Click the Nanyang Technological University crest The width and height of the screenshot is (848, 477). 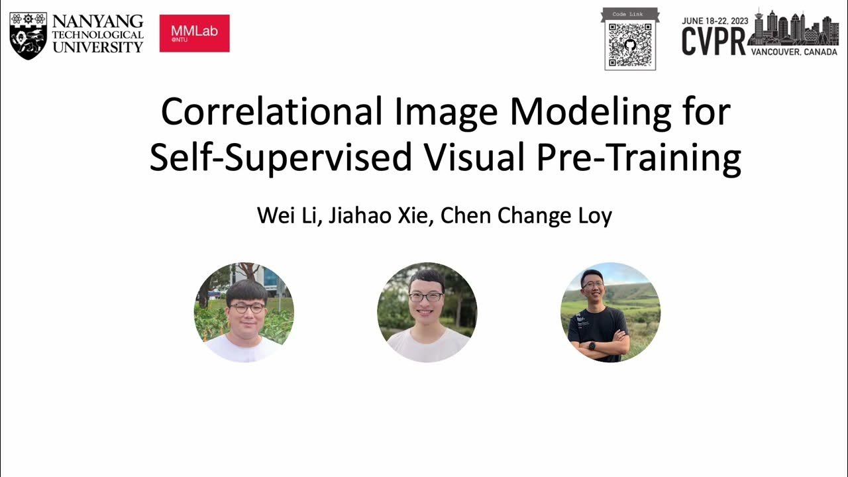28,35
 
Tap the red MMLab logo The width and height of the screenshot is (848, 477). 194,33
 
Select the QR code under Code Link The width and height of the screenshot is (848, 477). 630,45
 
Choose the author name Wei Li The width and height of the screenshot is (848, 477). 289,216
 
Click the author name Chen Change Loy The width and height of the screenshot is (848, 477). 526,216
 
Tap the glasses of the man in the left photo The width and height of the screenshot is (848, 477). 246,308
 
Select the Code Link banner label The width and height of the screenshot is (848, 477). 630,13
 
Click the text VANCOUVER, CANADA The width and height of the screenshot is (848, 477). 794,52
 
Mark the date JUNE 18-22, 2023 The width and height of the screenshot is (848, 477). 715,21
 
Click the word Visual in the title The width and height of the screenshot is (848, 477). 472,158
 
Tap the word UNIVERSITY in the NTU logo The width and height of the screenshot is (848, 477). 97,47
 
